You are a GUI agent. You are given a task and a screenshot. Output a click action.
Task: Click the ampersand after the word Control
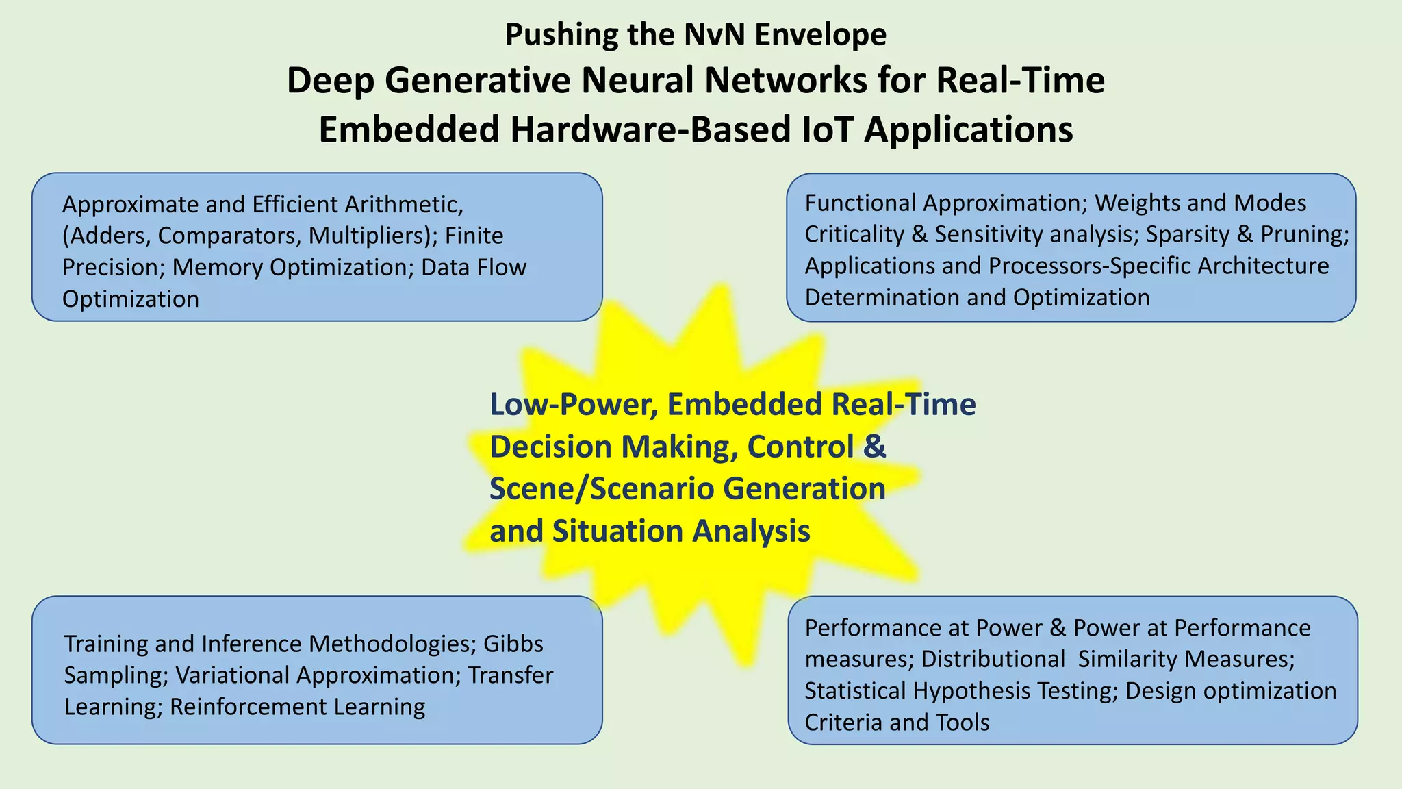coord(874,447)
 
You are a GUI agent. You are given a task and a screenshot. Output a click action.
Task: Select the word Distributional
coord(993,659)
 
